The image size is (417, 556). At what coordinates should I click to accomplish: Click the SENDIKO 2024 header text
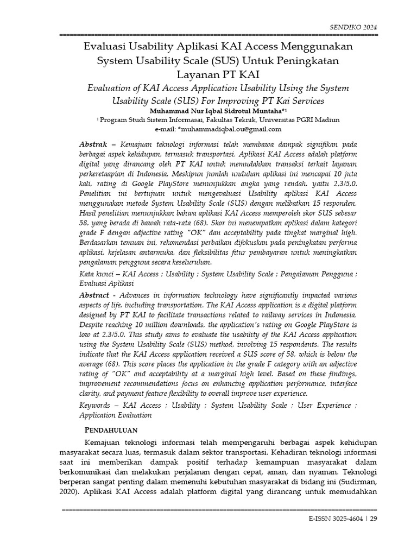[x=353, y=27]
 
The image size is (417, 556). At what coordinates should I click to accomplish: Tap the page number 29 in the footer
[x=374, y=519]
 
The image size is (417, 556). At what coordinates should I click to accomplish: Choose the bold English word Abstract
[x=94, y=295]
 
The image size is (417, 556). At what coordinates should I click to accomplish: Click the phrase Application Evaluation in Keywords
[x=115, y=415]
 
